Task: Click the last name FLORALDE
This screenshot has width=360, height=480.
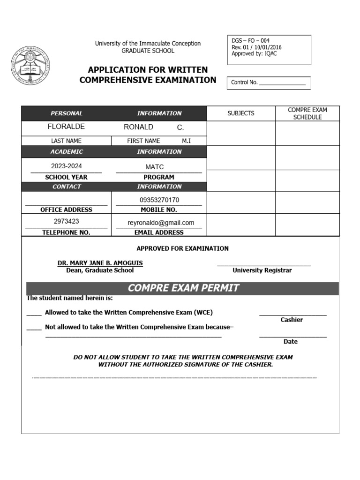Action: [x=66, y=127]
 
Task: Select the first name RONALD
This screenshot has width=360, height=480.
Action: [x=138, y=127]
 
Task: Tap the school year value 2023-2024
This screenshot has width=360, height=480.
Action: [x=66, y=166]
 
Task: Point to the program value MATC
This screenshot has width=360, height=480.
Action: [x=155, y=167]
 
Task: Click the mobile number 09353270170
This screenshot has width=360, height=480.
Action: [x=159, y=200]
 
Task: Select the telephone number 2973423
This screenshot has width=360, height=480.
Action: [x=66, y=221]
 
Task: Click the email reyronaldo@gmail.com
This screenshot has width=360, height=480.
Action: [x=161, y=223]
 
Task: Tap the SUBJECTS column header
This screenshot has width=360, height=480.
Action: [x=241, y=113]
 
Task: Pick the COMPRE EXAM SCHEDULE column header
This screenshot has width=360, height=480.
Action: [x=307, y=113]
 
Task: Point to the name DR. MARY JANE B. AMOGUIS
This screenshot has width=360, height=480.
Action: [x=100, y=263]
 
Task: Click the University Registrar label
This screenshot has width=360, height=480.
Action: [x=262, y=270]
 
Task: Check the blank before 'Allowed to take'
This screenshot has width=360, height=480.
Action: [x=34, y=313]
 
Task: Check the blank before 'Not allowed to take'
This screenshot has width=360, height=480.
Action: [x=34, y=328]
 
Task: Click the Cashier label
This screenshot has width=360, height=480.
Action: [x=292, y=320]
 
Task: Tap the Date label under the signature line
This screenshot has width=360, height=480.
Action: [x=291, y=342]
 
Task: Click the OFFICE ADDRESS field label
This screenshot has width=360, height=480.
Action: [x=66, y=210]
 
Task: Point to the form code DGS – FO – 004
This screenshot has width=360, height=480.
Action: [x=251, y=41]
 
